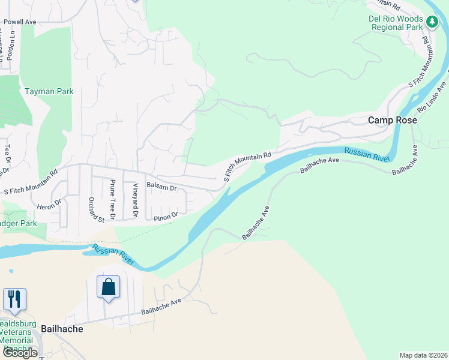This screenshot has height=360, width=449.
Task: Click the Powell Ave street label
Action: [x=20, y=22]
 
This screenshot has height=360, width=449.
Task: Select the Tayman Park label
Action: [x=49, y=92]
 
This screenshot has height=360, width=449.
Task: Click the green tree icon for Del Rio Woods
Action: [x=432, y=22]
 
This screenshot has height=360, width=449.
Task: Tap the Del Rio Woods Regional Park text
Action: [x=396, y=23]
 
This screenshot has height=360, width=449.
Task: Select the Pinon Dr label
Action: [x=166, y=215]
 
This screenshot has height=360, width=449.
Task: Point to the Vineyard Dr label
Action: [x=135, y=200]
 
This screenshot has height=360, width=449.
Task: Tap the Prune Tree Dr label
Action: [x=112, y=195]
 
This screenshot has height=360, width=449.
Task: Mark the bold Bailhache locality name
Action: [x=62, y=329]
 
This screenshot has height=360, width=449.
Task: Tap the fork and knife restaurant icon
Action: [x=14, y=299]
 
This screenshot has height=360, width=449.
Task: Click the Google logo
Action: [x=20, y=353]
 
